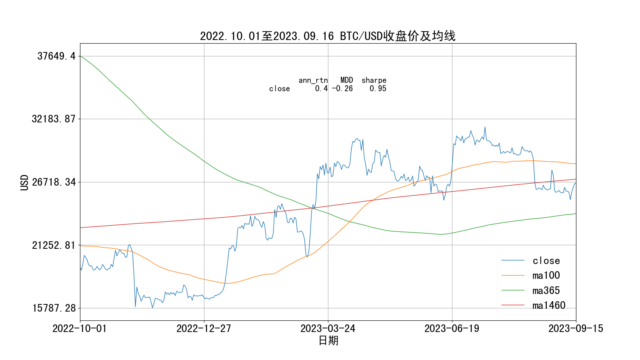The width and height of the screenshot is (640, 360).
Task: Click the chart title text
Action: pos(328,36)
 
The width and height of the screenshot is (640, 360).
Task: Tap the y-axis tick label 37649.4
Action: pos(56,56)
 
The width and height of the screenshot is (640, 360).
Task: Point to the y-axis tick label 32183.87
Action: pos(54,119)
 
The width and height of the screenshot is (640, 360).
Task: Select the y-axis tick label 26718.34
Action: pos(54,182)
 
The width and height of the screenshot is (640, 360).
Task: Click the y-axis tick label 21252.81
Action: pos(54,245)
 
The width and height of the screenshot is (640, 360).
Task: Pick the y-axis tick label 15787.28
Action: pos(54,308)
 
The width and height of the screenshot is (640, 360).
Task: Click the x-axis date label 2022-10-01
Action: pos(80,329)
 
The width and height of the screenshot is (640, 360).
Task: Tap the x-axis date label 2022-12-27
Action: pos(204,329)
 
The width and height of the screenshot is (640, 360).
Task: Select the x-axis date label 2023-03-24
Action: pos(328,329)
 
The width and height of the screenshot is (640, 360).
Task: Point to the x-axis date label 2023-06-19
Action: pos(452,329)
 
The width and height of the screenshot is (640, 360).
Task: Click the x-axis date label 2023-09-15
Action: pos(576,329)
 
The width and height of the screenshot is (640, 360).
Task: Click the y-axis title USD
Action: pos(25,182)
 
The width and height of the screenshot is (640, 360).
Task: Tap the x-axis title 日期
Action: pos(328,341)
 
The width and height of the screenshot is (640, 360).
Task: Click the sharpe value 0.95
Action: pos(378,89)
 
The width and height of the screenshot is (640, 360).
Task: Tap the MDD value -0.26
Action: pos(342,89)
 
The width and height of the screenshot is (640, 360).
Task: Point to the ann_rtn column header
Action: pos(313,80)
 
